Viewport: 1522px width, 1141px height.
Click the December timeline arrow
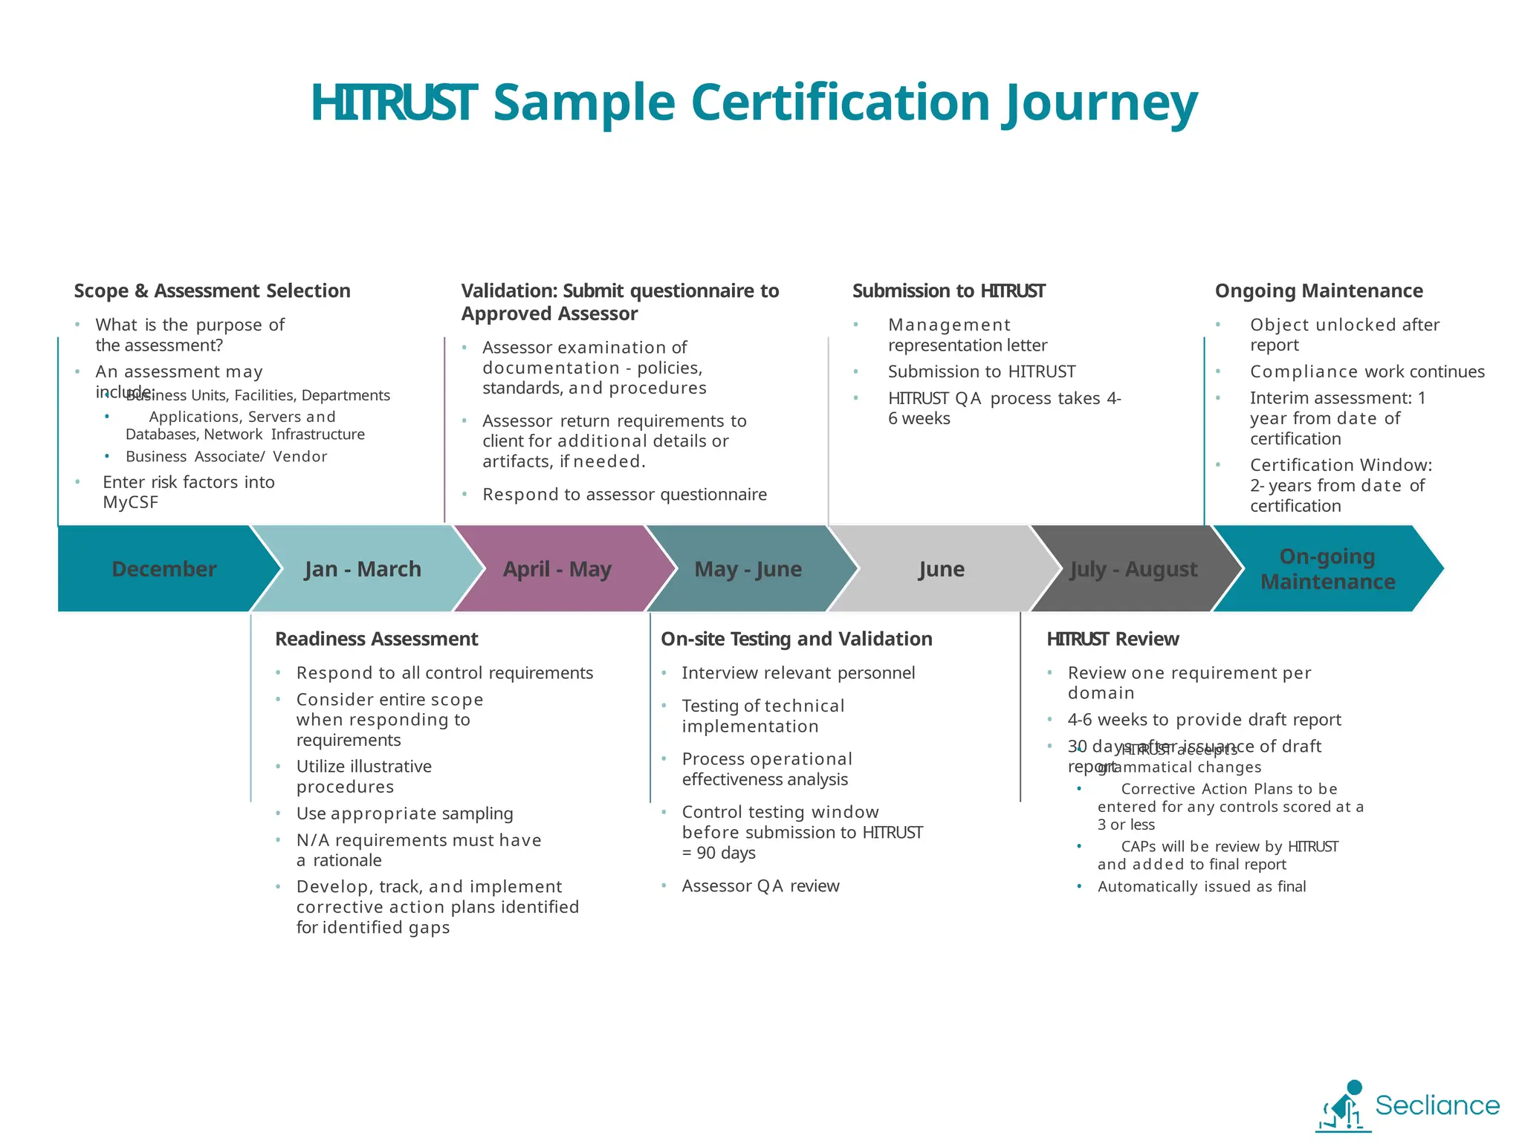point(163,569)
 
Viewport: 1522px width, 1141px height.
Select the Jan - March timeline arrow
point(363,569)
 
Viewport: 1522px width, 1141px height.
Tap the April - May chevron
point(557,569)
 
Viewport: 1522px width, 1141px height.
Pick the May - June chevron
point(748,569)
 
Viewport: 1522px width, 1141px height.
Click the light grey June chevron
point(942,569)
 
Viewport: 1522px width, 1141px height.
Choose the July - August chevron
point(1134,569)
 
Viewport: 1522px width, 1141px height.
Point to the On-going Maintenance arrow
point(1327,569)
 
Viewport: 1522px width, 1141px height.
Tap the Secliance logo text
point(1437,1105)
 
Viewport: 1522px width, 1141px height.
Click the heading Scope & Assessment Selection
point(212,290)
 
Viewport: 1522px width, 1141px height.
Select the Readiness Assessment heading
point(376,639)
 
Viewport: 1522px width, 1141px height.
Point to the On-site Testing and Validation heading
point(796,639)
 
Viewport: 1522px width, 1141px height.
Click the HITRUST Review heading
point(1113,639)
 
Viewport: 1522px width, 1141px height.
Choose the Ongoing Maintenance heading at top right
point(1318,290)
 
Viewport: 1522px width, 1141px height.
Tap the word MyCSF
point(131,502)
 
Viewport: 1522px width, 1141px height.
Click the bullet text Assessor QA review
point(760,885)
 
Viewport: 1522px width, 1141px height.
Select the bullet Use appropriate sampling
point(404,813)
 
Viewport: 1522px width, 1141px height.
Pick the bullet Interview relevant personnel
point(798,672)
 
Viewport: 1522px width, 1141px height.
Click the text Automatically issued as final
point(1202,886)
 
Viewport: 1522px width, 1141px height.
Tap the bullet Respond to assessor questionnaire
point(624,494)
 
